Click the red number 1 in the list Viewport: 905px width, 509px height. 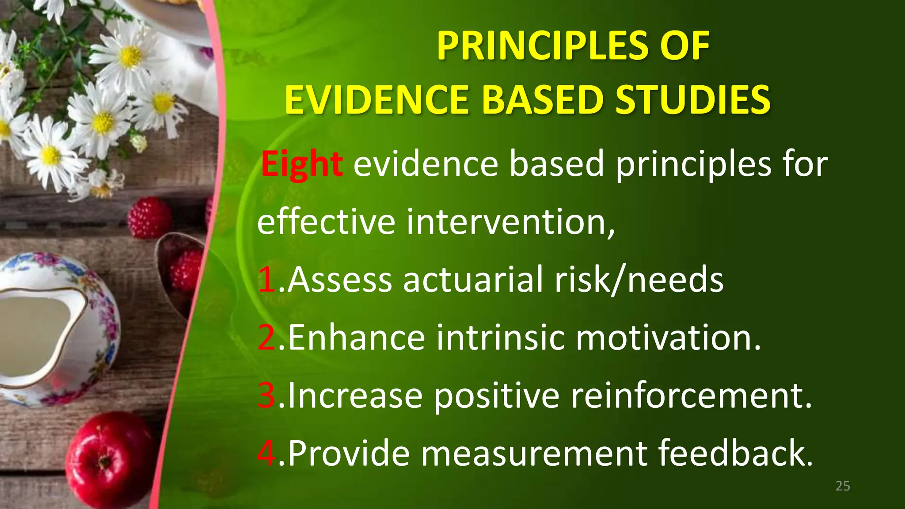point(267,280)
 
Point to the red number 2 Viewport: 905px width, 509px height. point(267,338)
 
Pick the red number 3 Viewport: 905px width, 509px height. point(267,395)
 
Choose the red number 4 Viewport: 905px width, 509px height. point(267,453)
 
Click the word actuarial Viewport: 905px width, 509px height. point(473,280)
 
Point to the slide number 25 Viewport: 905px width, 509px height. point(843,486)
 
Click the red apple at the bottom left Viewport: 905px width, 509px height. point(110,460)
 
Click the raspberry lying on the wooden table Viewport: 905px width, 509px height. point(149,217)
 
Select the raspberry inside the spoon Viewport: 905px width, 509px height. point(186,270)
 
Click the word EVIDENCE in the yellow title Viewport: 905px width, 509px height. point(376,99)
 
